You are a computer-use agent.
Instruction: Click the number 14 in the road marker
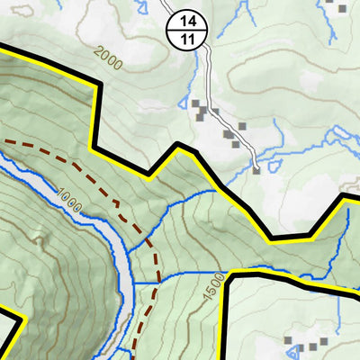(x=187, y=21)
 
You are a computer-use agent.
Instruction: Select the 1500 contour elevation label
(x=212, y=286)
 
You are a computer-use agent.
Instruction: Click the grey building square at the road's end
(x=256, y=168)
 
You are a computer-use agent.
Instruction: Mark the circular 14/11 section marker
(x=187, y=30)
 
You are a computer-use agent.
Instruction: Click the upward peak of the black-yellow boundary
(x=181, y=148)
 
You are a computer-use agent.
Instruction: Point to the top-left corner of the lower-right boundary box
(x=230, y=275)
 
